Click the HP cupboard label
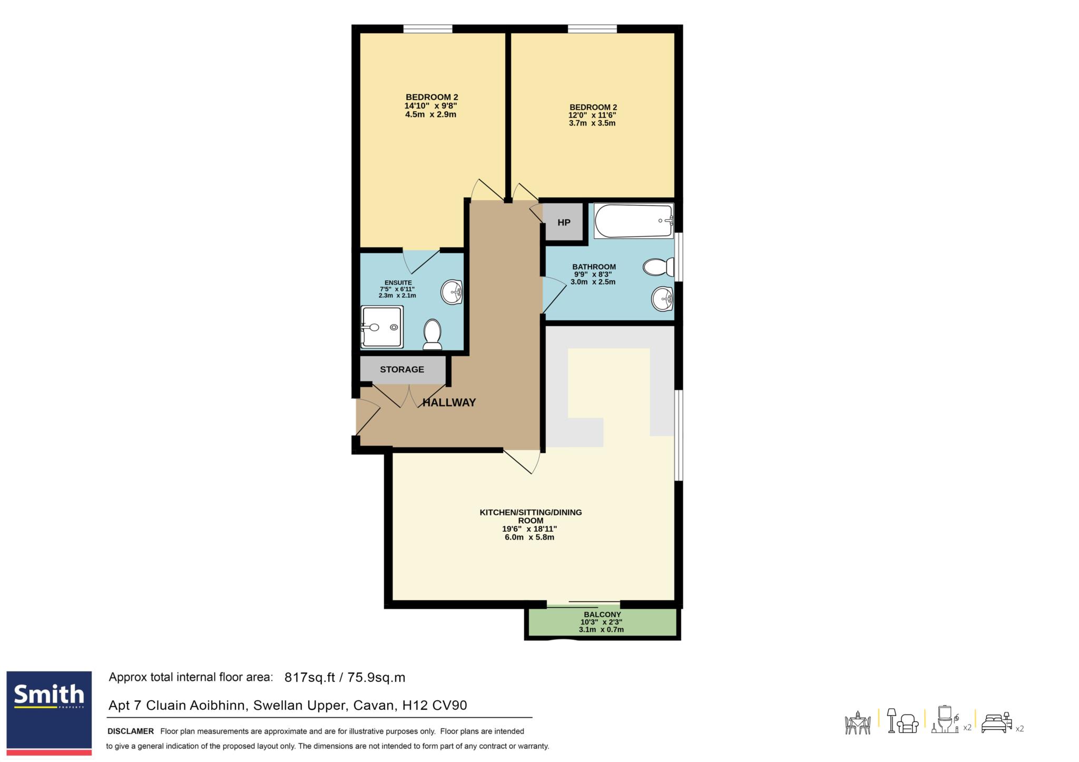tap(564, 222)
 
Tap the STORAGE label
tap(402, 369)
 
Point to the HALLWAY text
tap(449, 403)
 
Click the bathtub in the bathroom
tap(634, 221)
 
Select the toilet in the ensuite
tap(433, 334)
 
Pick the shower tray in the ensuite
tap(382, 327)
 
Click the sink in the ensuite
tap(452, 291)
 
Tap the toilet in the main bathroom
tap(658, 267)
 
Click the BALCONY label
tap(602, 614)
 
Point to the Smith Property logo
tap(49, 712)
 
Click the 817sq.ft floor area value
tap(310, 678)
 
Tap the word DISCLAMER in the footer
tap(131, 731)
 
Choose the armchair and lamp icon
tap(903, 721)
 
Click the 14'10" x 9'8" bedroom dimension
tap(430, 105)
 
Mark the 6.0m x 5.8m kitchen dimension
tap(529, 538)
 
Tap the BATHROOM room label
tap(594, 267)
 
